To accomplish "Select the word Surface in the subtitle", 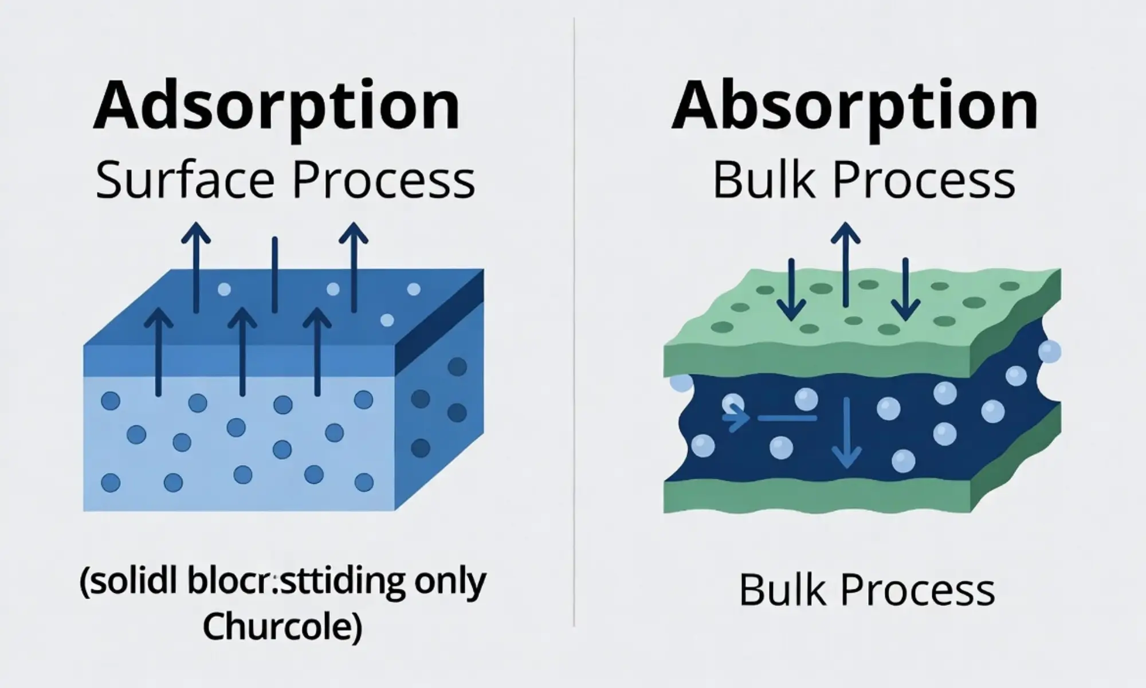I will click(187, 181).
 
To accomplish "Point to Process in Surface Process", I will click(383, 181).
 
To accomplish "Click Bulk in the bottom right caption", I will click(783, 590).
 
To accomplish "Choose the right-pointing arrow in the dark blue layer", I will click(736, 419).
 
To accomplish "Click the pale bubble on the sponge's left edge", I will click(681, 382).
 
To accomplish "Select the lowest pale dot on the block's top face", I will click(387, 320).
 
